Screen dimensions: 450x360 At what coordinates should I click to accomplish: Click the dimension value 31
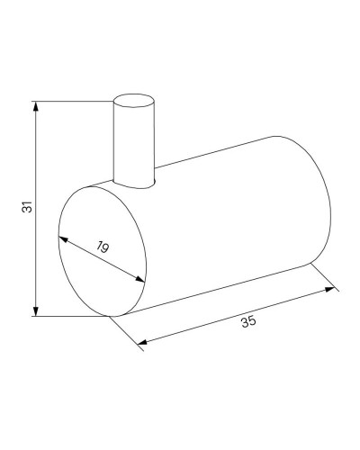[28, 206]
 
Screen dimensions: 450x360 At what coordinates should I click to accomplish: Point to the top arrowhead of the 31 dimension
[37, 106]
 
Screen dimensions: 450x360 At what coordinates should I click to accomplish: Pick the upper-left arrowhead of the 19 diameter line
[62, 238]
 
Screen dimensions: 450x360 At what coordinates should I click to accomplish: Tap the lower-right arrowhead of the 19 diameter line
[141, 280]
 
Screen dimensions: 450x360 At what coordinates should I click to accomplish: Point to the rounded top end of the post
[133, 95]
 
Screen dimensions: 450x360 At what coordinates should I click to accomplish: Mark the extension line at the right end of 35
[324, 276]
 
